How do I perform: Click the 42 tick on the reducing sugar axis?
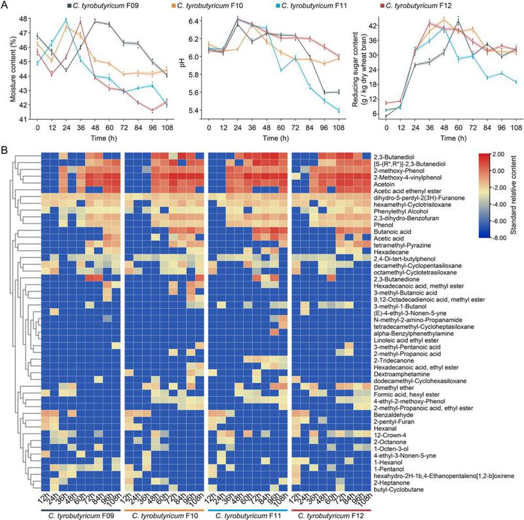pyautogui.click(x=369, y=26)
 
